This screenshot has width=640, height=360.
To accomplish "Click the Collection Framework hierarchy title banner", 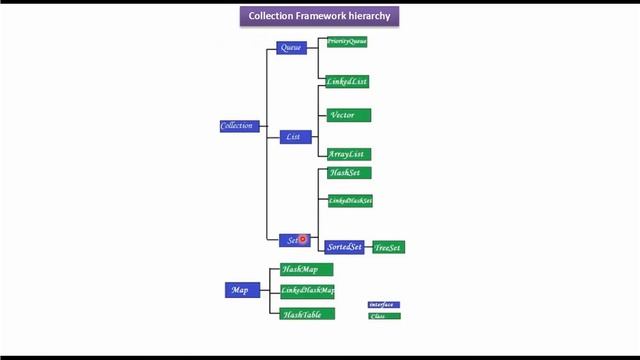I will tap(320, 16).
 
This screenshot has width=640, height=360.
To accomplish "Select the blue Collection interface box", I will tap(239, 126).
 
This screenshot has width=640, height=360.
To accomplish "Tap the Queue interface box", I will tap(292, 48).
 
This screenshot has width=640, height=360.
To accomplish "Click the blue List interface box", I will tap(295, 137).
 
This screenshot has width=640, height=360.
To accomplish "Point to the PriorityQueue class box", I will tap(347, 42).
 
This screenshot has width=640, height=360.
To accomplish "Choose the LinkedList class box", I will tap(349, 81).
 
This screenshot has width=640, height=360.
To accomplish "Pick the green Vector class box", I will tap(349, 115).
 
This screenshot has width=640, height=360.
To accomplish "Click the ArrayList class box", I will tap(349, 154).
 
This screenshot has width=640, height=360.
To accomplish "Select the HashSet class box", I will tap(349, 173).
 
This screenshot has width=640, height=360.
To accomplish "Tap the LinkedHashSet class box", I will tap(350, 201).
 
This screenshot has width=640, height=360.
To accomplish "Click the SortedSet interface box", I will tap(344, 247).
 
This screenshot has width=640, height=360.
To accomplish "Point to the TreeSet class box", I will tap(388, 247).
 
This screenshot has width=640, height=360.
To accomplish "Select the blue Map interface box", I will tap(241, 290).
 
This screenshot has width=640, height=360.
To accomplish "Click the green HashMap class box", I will tap(306, 270).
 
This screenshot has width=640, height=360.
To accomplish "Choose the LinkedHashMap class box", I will tap(307, 291).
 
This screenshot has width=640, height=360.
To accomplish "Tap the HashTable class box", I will tap(307, 314).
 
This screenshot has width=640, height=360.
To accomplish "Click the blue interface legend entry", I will tap(383, 304).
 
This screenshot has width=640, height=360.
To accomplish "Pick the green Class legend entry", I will tap(383, 316).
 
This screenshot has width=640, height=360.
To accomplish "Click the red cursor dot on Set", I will tap(302, 239).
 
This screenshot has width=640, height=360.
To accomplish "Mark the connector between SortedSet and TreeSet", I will tap(368, 247).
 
